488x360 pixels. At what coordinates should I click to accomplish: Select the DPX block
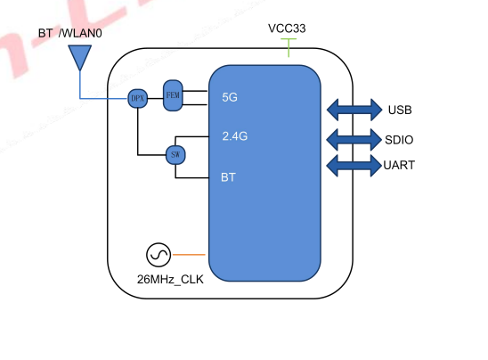pos(137,98)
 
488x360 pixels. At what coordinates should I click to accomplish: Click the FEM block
pos(173,94)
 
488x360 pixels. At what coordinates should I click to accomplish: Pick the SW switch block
pos(175,155)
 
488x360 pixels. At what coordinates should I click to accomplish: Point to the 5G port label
pos(229,97)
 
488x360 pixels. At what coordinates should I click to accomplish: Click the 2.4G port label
pos(234,137)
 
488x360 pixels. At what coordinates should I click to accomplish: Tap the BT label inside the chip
pos(229,177)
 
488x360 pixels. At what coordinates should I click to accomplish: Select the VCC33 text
pos(287,29)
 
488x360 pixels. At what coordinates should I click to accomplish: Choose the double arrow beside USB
pos(353,110)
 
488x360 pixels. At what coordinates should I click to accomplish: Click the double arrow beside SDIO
pos(353,139)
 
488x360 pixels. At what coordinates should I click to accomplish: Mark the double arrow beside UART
pos(353,165)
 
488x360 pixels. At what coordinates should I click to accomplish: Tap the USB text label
pos(399,110)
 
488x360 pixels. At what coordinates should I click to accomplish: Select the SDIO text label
pos(400,140)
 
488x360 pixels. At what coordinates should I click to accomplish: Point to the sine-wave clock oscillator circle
pos(159,256)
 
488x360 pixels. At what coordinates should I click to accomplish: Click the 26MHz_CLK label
pos(170,280)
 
